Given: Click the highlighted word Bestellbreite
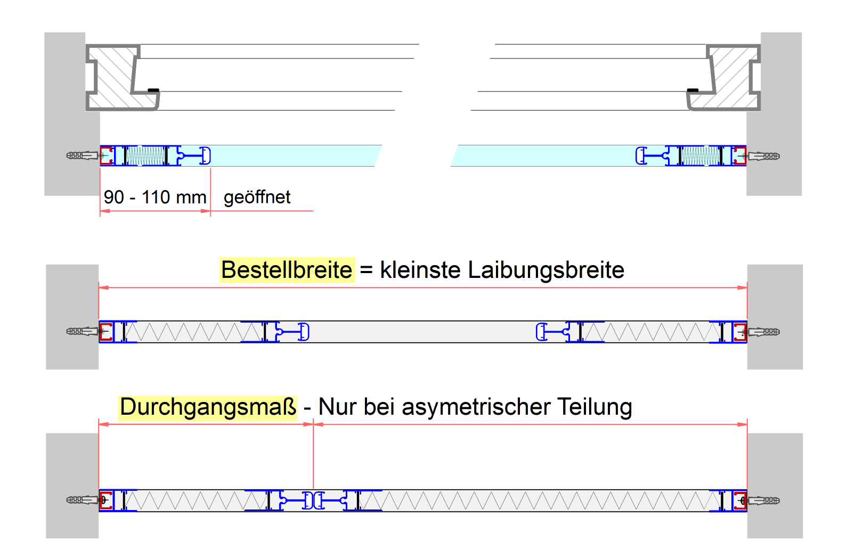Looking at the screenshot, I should tap(287, 270).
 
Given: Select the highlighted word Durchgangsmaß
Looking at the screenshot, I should tap(208, 407).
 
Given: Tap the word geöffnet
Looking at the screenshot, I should tap(257, 198).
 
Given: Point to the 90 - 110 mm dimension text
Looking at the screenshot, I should tap(155, 198).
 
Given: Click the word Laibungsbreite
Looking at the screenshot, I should tap(546, 270).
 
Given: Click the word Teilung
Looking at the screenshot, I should tap(595, 407).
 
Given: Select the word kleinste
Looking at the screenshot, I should tap(420, 270).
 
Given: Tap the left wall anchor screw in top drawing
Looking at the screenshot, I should tap(82, 155).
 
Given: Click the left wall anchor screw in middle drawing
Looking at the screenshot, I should tap(82, 332).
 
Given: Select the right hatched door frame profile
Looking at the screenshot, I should tap(733, 77).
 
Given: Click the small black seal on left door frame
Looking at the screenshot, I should tap(153, 90).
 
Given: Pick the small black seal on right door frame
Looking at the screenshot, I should tap(693, 90).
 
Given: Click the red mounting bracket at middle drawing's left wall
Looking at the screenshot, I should tap(106, 332).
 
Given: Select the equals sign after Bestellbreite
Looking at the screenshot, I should tap(366, 270).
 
